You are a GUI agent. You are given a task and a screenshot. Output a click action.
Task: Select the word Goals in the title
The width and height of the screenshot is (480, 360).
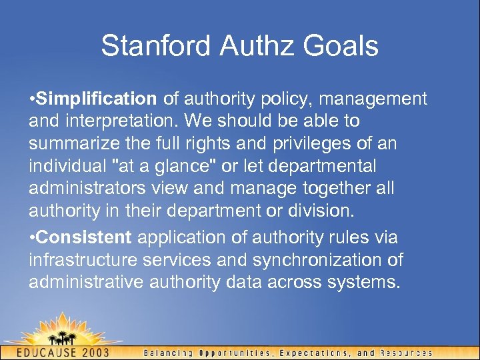342,46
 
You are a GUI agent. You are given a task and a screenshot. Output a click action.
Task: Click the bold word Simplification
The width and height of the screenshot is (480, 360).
97,99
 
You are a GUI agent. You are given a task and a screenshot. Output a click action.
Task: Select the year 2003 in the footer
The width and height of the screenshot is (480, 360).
106,351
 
